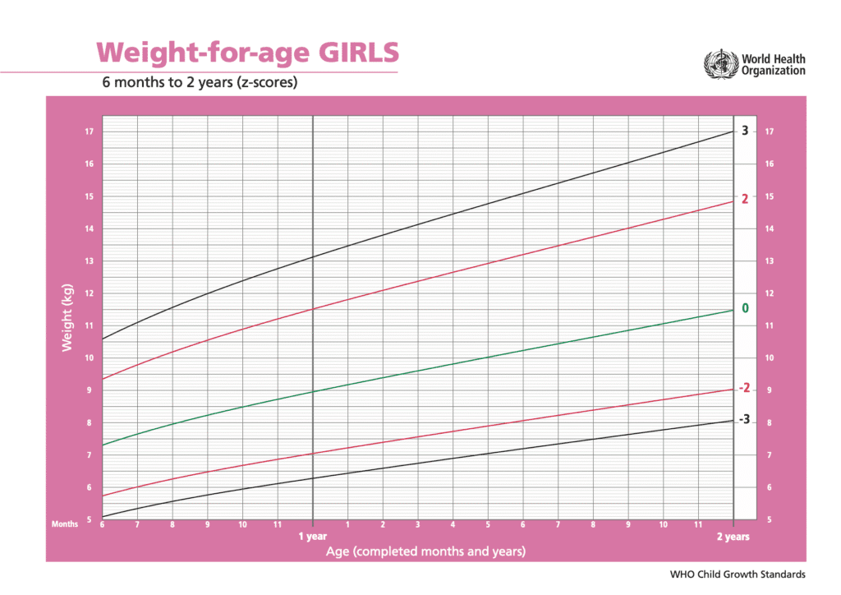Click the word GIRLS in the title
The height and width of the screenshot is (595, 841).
point(359,52)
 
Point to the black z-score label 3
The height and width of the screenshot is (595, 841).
point(744,131)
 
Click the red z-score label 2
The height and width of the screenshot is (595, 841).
point(744,200)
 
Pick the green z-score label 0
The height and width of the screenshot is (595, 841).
point(745,308)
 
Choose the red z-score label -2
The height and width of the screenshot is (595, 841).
point(744,388)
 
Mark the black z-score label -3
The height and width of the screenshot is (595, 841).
point(744,419)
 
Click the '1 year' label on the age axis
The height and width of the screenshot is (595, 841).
point(312,537)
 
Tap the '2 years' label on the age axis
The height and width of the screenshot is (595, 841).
point(733,537)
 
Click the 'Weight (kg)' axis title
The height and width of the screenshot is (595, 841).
point(68,318)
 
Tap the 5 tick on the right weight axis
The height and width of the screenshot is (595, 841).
point(769,519)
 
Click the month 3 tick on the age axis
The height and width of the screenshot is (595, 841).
point(417,524)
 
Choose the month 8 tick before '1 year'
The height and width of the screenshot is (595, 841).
point(172,524)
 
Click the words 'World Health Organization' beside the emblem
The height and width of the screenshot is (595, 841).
point(773,65)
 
